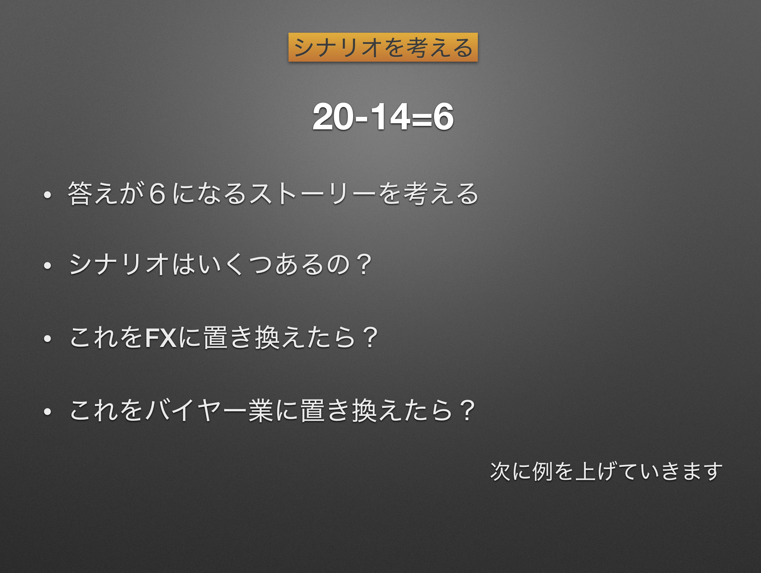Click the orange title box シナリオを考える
tap(383, 47)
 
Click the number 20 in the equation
tap(333, 117)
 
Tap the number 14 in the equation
tap(390, 117)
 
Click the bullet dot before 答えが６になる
tap(48, 195)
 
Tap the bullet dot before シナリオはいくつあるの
tap(48, 266)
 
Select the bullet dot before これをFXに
tap(48, 339)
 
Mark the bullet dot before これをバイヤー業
tap(48, 412)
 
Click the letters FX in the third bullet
tap(161, 337)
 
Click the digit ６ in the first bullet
tap(157, 194)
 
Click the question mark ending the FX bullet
tap(370, 337)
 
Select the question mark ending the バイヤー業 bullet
tap(467, 410)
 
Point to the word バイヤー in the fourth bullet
tap(196, 411)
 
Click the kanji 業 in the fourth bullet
tap(261, 411)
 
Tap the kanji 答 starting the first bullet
tap(80, 193)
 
